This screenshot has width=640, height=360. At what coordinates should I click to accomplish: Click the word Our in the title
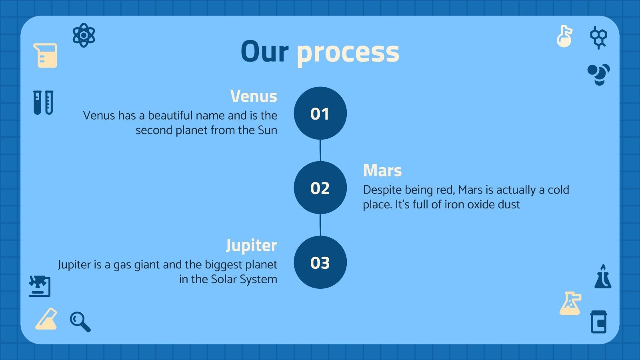[264, 52]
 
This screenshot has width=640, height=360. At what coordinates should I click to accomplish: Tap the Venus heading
[254, 96]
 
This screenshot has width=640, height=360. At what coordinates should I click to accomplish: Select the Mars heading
[382, 170]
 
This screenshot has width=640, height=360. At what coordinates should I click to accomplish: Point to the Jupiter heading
[252, 246]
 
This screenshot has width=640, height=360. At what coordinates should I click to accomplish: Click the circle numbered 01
[320, 113]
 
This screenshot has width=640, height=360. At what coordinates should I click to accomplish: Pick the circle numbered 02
[320, 188]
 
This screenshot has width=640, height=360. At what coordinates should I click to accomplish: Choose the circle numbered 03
[320, 262]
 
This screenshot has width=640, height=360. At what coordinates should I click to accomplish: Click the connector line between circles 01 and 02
[320, 150]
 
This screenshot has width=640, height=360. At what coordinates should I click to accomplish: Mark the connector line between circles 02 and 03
[320, 225]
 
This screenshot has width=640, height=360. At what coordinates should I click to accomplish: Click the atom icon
[84, 35]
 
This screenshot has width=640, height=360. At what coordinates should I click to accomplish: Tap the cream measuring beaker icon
[45, 56]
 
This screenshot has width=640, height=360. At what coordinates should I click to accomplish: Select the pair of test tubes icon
[43, 102]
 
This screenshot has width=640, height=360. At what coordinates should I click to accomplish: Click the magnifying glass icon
[80, 322]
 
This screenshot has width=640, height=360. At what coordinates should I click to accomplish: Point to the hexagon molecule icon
[598, 38]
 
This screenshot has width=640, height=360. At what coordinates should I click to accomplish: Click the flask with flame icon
[603, 276]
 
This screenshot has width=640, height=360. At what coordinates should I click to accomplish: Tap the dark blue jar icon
[598, 322]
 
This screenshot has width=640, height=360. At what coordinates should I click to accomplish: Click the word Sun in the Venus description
[268, 130]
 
